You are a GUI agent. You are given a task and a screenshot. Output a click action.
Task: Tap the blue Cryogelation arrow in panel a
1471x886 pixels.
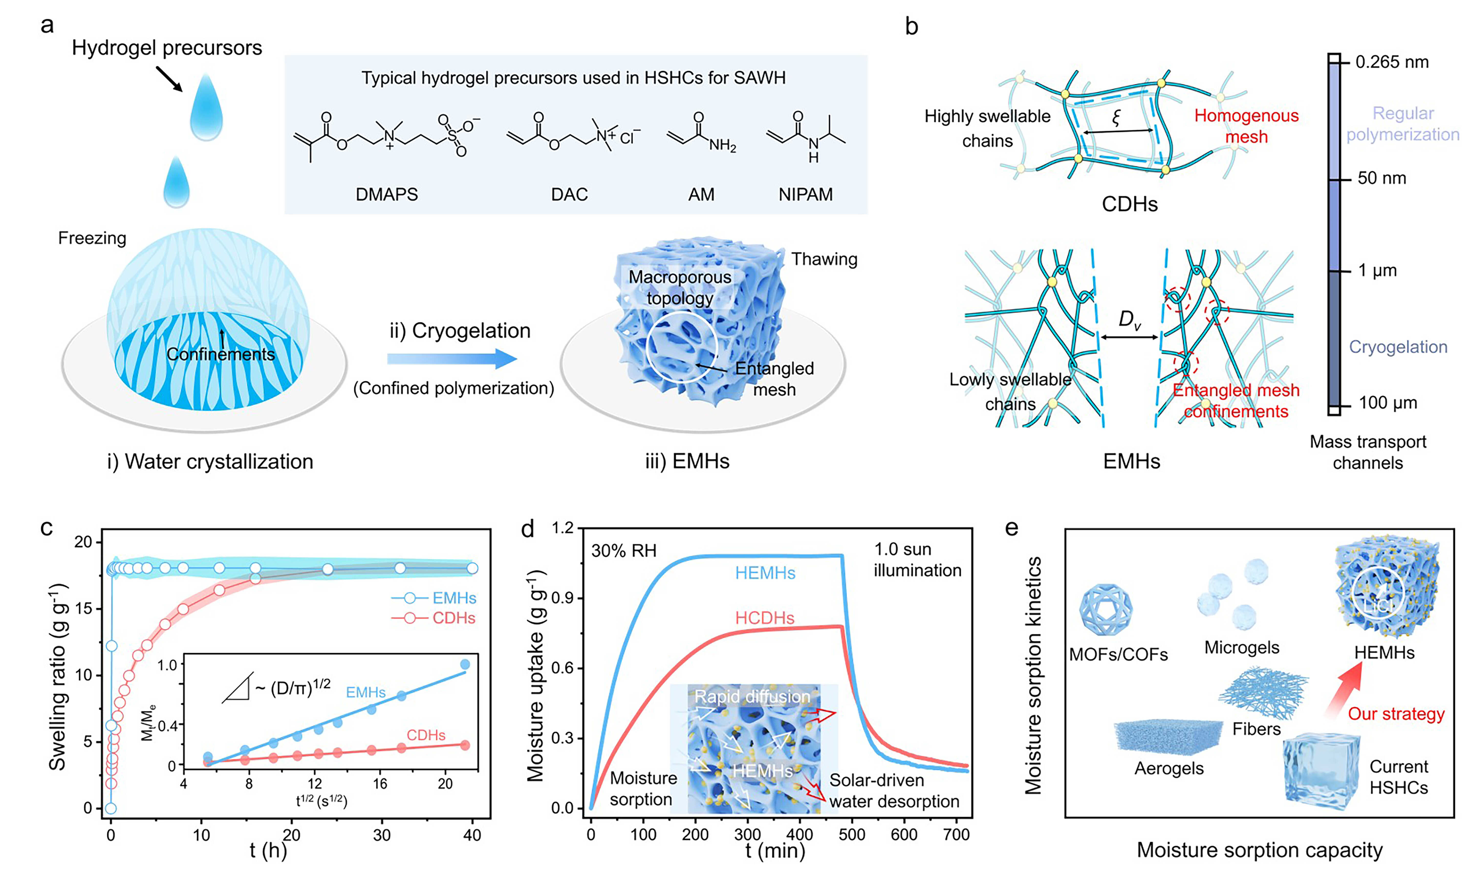[452, 359]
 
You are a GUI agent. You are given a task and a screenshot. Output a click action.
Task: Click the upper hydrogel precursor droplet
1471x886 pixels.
[206, 108]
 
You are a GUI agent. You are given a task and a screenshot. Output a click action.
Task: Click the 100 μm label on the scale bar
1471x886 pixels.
[1388, 403]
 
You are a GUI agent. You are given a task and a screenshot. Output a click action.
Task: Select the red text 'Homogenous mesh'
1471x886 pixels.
[1246, 126]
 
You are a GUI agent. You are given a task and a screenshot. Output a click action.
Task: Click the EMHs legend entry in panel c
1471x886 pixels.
[453, 598]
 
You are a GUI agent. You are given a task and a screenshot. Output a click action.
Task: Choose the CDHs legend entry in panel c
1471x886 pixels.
[453, 618]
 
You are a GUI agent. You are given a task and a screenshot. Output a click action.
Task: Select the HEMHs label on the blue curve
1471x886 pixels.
[765, 573]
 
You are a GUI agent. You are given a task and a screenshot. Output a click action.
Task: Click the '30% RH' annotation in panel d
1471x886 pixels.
[624, 550]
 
